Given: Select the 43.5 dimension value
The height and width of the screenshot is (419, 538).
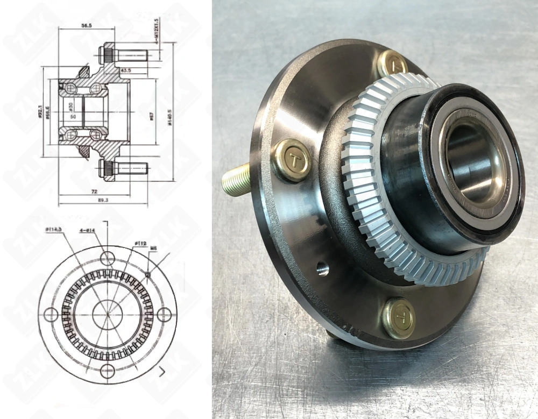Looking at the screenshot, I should pyautogui.click(x=125, y=70).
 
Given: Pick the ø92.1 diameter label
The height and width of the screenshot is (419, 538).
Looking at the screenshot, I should pyautogui.click(x=41, y=111).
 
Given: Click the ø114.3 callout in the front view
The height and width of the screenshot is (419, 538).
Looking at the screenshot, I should pyautogui.click(x=54, y=230).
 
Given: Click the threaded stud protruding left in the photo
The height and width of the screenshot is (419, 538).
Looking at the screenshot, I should pyautogui.click(x=237, y=180).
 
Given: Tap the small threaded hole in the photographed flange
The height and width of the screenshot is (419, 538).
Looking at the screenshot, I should pyautogui.click(x=322, y=268).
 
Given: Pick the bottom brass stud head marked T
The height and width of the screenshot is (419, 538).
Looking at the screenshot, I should pyautogui.click(x=399, y=318).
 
